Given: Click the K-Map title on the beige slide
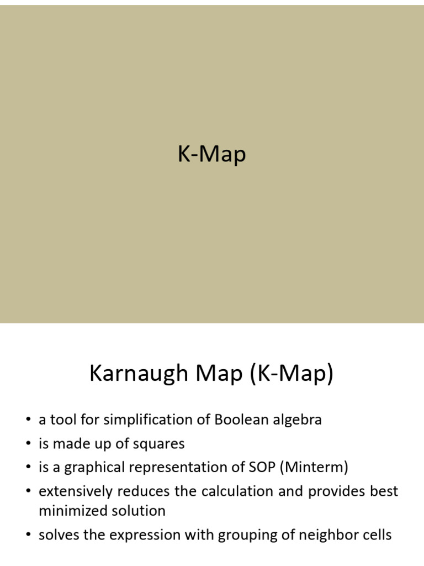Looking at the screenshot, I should [211, 155].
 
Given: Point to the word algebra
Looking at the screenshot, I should [298, 420].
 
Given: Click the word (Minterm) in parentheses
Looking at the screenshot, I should [314, 468].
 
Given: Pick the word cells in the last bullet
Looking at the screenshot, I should [377, 534].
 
